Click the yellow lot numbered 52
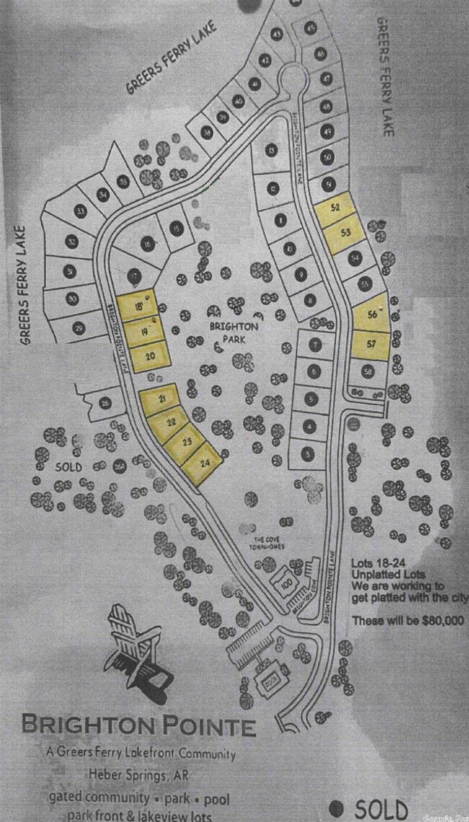coord(334,208)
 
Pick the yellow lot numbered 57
coord(372,345)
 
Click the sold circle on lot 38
coord(208,132)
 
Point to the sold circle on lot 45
coord(312,28)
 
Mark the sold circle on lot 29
coord(79,328)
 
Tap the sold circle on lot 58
coord(368,371)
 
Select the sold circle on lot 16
coord(147,244)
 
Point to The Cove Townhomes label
coord(269,543)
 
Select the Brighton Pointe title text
coord(139,724)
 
